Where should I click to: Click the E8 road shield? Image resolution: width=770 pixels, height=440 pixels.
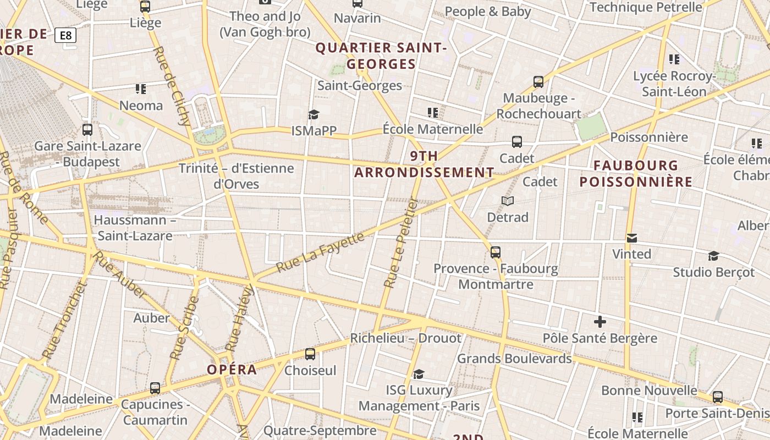tap(65, 36)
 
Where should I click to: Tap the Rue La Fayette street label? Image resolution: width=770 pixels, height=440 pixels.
tap(320, 252)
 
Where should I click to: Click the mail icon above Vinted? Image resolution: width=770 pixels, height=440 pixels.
tap(632, 238)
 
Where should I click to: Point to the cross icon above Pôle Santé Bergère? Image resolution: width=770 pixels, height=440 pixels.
tap(599, 322)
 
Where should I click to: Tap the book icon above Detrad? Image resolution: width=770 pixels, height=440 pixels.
tap(508, 201)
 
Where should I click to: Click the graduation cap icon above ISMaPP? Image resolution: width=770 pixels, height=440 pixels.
tap(313, 114)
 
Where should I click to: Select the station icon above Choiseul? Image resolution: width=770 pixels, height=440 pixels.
tap(310, 354)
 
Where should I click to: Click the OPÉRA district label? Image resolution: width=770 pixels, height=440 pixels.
tap(232, 370)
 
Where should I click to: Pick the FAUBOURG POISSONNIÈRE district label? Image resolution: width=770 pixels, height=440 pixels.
tap(636, 173)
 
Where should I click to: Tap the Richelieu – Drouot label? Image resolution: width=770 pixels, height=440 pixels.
tap(405, 338)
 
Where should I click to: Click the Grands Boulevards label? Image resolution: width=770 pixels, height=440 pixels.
tap(514, 359)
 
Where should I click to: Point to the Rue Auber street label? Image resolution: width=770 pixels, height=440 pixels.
tap(119, 274)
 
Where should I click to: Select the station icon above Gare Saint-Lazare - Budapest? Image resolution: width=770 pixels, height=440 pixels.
tap(87, 130)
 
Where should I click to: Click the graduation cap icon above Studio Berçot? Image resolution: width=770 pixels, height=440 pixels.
tap(713, 256)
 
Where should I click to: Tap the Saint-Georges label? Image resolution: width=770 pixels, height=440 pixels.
tap(360, 86)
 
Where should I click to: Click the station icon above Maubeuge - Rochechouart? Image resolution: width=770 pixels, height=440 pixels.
tap(538, 82)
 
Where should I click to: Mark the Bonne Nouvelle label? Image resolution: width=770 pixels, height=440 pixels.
tap(649, 391)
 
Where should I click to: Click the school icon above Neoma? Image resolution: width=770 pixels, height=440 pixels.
tap(141, 89)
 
